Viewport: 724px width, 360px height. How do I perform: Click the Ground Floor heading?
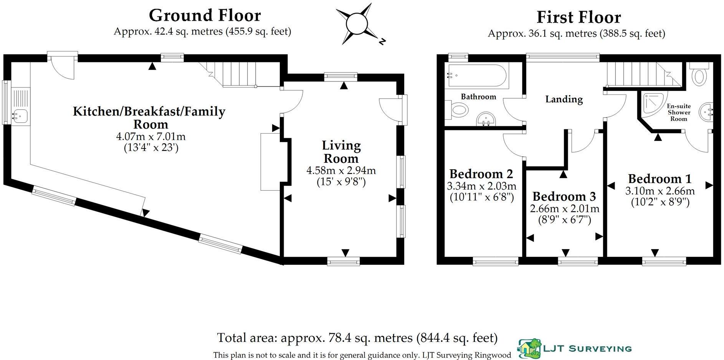tap(205, 15)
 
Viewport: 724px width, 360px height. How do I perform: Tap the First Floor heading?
tap(579, 17)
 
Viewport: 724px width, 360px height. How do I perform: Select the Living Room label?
tap(341, 152)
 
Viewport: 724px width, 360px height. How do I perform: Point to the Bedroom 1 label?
tap(660, 179)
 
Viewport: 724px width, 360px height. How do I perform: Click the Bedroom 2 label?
tap(481, 174)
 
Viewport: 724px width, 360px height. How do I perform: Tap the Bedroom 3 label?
tap(564, 197)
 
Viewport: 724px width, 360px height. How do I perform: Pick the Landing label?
tap(564, 99)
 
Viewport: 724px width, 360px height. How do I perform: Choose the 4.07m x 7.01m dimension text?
tap(151, 137)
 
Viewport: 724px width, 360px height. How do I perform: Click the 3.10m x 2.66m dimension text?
tap(660, 191)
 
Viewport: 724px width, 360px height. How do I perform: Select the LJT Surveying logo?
tap(575, 348)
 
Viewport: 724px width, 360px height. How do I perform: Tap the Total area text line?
tap(357, 338)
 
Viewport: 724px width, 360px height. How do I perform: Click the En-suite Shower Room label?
tap(679, 112)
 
